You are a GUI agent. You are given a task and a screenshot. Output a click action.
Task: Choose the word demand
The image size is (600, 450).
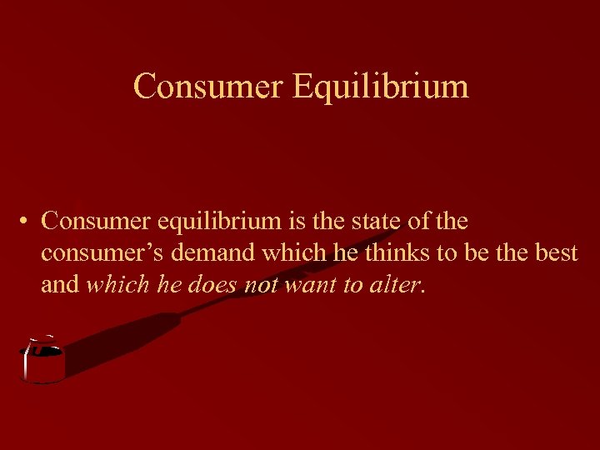coord(212,253)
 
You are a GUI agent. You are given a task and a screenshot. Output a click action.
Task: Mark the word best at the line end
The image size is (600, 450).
coord(556,253)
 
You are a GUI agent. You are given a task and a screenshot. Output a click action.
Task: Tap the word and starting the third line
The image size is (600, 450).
coord(60,285)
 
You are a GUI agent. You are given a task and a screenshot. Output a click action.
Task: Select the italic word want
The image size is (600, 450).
coord(311,285)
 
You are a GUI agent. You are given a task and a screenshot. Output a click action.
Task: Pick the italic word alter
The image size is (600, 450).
coord(396,285)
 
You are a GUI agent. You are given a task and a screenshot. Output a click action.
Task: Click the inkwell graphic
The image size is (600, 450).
coord(42,362)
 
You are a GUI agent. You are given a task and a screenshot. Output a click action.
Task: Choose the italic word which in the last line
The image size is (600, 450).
coord(116,285)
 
